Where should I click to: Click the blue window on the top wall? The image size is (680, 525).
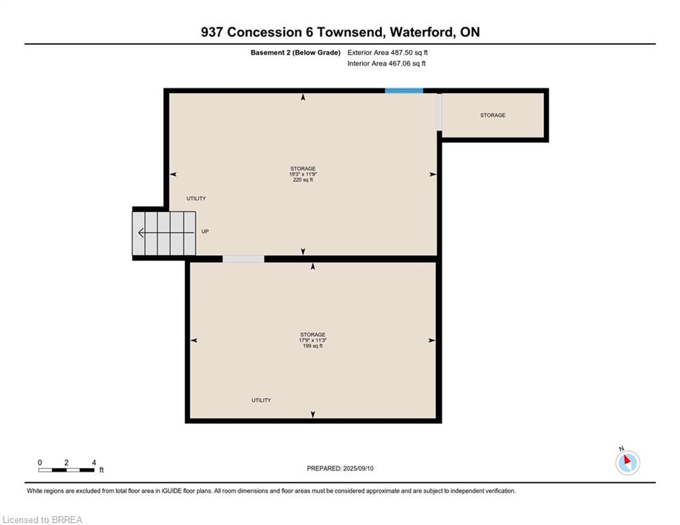click(404, 91)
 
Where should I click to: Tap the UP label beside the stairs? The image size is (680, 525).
click(205, 232)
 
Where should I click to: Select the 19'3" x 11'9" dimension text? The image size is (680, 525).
click(303, 174)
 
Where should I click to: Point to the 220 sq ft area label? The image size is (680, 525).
click(303, 180)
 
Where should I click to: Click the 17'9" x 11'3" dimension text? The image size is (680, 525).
click(313, 340)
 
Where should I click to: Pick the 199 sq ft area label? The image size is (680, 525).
click(313, 346)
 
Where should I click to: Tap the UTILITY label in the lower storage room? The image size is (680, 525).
click(261, 400)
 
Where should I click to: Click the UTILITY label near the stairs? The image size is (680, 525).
click(196, 198)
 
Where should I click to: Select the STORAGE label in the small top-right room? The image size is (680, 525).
click(493, 115)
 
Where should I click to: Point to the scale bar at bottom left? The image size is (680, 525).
click(66, 470)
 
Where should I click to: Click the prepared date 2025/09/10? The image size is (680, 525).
click(358, 468)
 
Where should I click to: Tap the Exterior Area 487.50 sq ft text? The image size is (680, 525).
click(387, 53)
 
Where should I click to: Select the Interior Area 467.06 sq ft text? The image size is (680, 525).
click(386, 64)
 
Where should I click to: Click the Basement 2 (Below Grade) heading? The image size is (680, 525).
click(295, 53)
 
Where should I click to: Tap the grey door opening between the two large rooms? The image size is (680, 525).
click(243, 259)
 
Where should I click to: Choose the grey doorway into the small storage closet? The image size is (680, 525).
click(439, 112)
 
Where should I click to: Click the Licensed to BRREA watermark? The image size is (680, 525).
click(42, 520)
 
